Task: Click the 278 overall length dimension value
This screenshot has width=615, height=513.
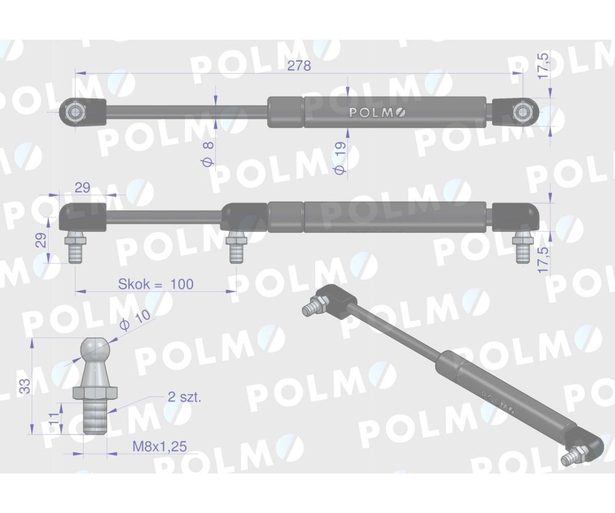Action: coord(299,67)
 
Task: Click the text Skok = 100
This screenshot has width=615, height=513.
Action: coord(156,284)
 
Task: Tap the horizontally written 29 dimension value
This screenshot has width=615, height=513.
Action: coord(83,187)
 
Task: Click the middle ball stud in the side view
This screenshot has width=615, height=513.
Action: coord(236,247)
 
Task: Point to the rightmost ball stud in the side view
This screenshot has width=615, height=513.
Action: coord(523,247)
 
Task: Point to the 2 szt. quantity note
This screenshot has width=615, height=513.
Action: coord(184,397)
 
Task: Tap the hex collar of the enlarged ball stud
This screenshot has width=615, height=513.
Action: coord(96,393)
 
